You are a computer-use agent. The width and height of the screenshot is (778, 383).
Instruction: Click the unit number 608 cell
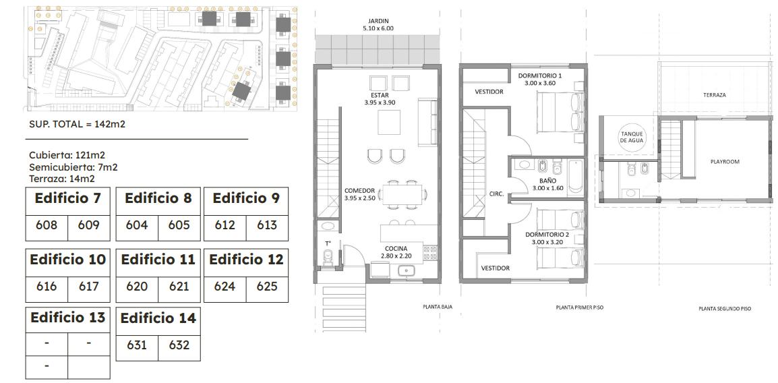[47, 225]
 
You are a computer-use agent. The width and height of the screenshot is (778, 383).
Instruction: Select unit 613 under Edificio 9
[267, 225]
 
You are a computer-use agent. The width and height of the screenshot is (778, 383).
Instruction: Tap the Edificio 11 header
[158, 260]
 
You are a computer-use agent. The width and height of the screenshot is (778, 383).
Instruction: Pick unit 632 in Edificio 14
[179, 345]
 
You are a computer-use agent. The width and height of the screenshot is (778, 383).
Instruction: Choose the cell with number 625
[267, 287]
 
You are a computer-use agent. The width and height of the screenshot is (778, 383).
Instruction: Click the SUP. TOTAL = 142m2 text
[78, 124]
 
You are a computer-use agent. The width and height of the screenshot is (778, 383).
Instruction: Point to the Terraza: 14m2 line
[62, 179]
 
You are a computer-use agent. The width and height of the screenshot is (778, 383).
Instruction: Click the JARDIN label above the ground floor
[378, 22]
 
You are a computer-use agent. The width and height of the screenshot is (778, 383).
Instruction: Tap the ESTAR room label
[379, 95]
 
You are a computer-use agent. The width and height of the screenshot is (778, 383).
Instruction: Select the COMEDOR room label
[359, 191]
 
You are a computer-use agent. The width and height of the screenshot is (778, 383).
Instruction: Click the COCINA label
[396, 249]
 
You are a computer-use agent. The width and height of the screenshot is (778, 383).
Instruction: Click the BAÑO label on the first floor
[548, 181]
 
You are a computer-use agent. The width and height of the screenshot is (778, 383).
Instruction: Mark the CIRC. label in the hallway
[496, 194]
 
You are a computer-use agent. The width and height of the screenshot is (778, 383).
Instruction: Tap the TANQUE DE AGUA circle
[632, 137]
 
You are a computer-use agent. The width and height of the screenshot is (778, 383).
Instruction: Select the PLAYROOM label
[725, 162]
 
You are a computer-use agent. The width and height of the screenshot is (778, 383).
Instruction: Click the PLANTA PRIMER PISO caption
[580, 307]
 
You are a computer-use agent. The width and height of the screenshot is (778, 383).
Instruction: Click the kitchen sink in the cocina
[407, 270]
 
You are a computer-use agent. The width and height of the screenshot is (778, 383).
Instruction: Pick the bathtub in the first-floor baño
[576, 177]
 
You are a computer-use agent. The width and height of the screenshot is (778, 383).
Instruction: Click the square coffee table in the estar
[388, 122]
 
